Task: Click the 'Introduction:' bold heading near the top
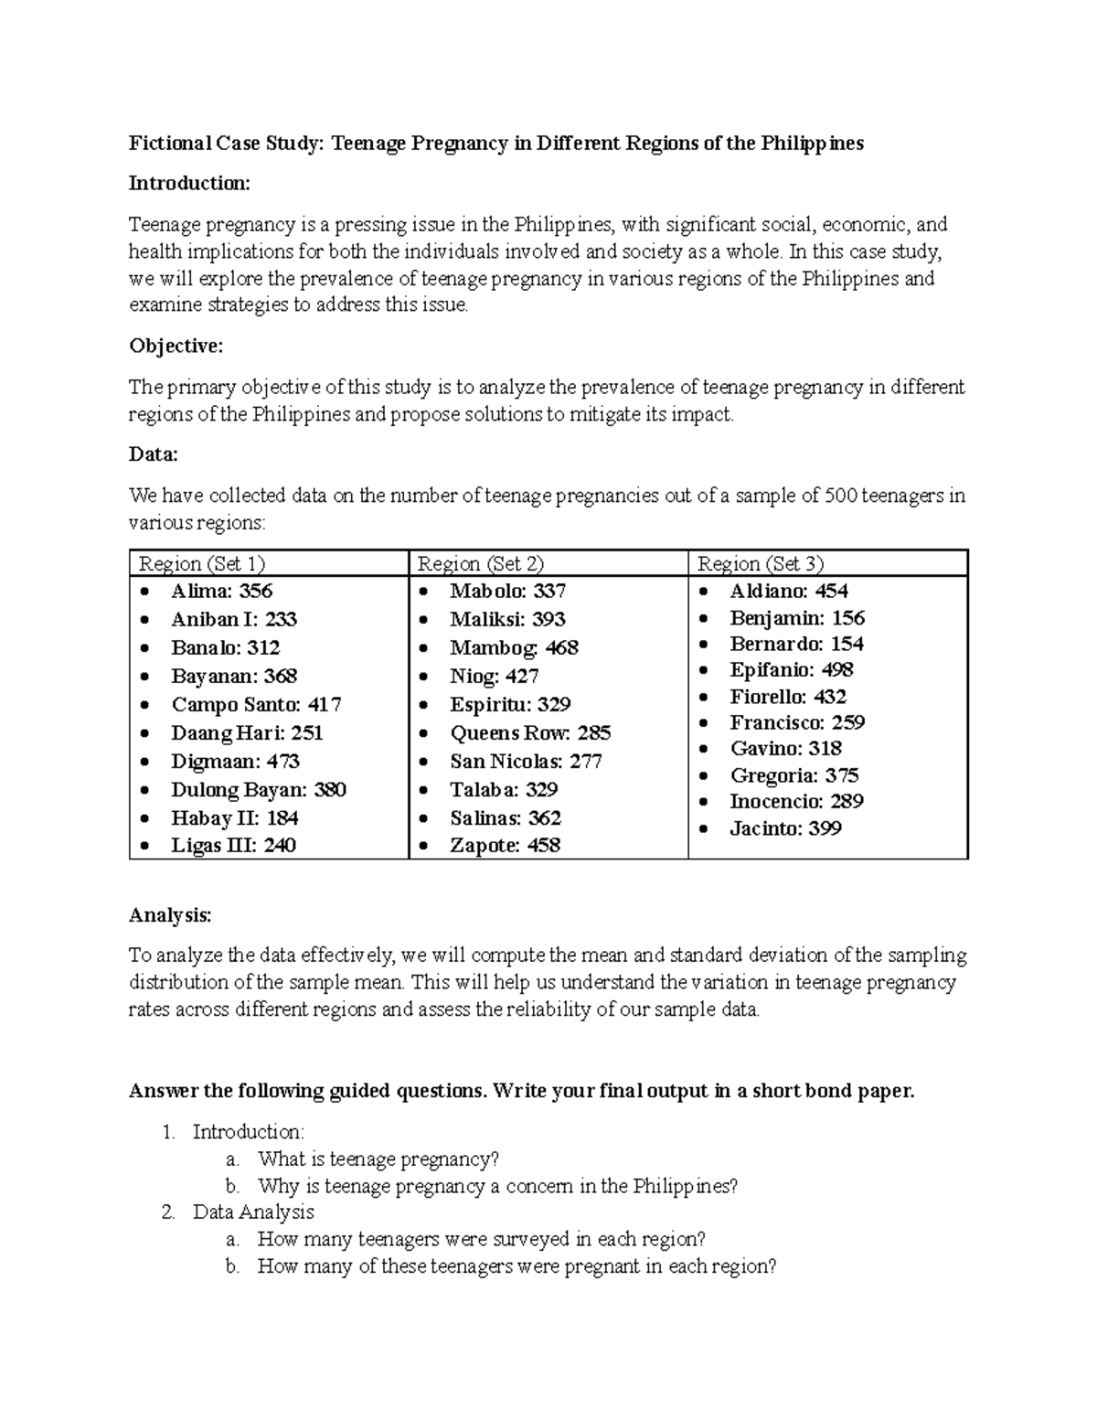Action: pos(188,184)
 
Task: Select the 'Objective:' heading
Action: pos(176,347)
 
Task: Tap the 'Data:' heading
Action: pos(154,454)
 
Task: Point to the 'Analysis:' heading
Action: pos(170,915)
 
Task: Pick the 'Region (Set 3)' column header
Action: pos(761,563)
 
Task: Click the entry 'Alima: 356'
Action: pos(221,592)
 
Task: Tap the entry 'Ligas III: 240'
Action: pos(233,846)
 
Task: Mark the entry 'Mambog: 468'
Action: pos(514,648)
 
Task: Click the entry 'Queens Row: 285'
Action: pos(530,733)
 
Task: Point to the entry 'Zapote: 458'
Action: pos(505,846)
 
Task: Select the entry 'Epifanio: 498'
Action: pos(791,670)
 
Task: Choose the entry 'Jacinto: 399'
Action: pos(785,829)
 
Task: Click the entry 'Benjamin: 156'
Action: pos(796,618)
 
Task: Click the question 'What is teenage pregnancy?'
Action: pos(378,1159)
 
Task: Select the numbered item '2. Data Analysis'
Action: pos(252,1212)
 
